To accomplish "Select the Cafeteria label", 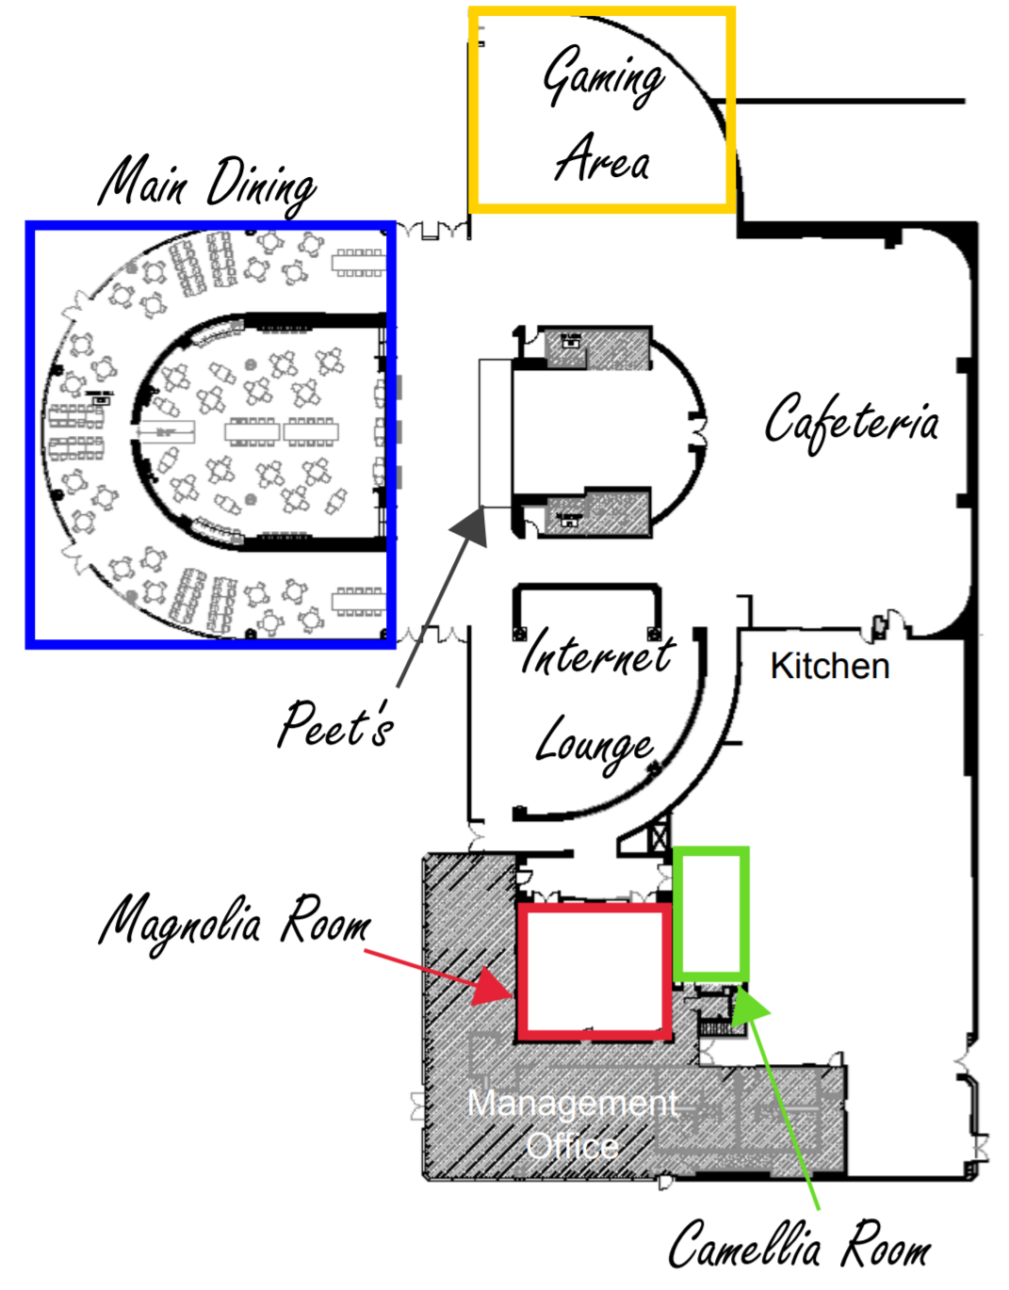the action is click(x=851, y=421).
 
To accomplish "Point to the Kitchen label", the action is click(x=829, y=666).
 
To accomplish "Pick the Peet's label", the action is click(x=335, y=724).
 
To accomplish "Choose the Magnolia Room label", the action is click(x=235, y=920).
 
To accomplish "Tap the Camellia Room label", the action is click(x=799, y=1245).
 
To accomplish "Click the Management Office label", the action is click(x=573, y=1124).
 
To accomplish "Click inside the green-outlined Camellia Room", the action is click(x=711, y=911).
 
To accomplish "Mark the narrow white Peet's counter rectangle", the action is click(x=495, y=433).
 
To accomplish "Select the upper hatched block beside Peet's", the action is click(x=599, y=348).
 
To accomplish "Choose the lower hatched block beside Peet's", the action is click(x=599, y=513).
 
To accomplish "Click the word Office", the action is click(x=573, y=1146).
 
